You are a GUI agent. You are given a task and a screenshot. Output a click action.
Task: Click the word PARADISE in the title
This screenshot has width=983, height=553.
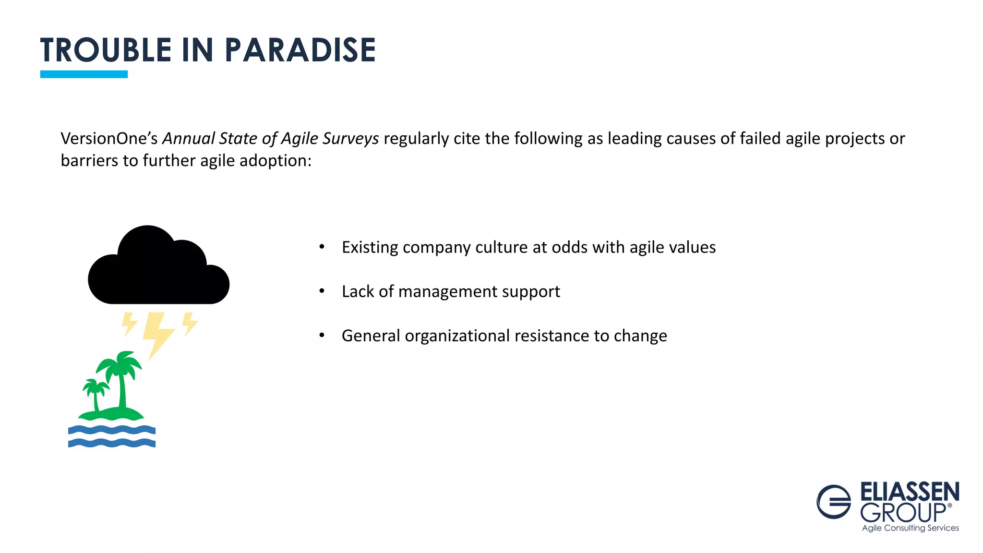[300, 50]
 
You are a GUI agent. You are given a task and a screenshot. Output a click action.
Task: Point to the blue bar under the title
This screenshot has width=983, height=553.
[84, 74]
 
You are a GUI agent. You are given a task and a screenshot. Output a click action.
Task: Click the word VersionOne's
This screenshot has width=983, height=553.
[109, 138]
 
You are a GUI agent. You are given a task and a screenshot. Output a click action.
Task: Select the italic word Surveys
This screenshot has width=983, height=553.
[350, 138]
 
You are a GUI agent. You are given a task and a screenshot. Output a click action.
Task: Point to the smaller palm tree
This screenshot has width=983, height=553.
[96, 391]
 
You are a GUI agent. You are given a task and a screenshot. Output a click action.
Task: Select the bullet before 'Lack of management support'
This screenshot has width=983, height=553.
[322, 291]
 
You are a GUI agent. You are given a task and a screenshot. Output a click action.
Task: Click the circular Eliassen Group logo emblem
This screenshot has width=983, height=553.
[834, 502]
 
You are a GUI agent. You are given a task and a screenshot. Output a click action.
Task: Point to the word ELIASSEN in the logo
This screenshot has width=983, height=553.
[910, 492]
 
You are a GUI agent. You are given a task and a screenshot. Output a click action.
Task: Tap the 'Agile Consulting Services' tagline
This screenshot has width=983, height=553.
[910, 528]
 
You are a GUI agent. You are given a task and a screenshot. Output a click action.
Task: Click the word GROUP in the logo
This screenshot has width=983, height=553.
[903, 513]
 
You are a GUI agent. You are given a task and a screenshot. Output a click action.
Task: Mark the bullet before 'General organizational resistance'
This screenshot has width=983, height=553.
[322, 335]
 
